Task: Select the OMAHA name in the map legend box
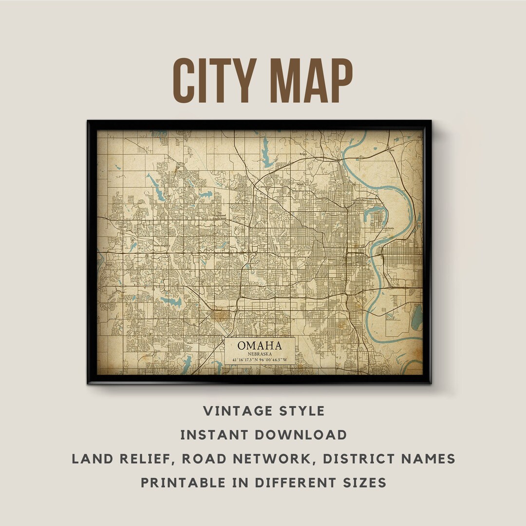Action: click(260, 345)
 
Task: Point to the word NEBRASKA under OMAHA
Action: click(260, 353)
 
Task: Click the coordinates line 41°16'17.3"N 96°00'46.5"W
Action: click(260, 360)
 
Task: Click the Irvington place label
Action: click(265, 187)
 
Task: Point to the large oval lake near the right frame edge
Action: click(417, 318)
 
